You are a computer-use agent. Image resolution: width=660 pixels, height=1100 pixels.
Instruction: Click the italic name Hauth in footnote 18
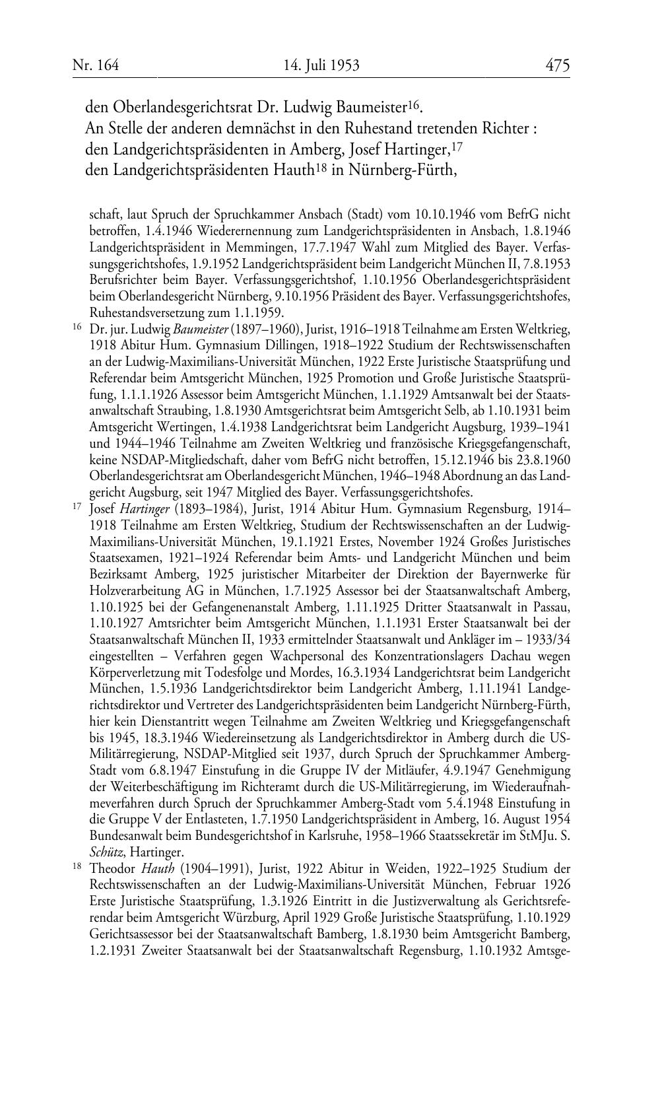point(155,867)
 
